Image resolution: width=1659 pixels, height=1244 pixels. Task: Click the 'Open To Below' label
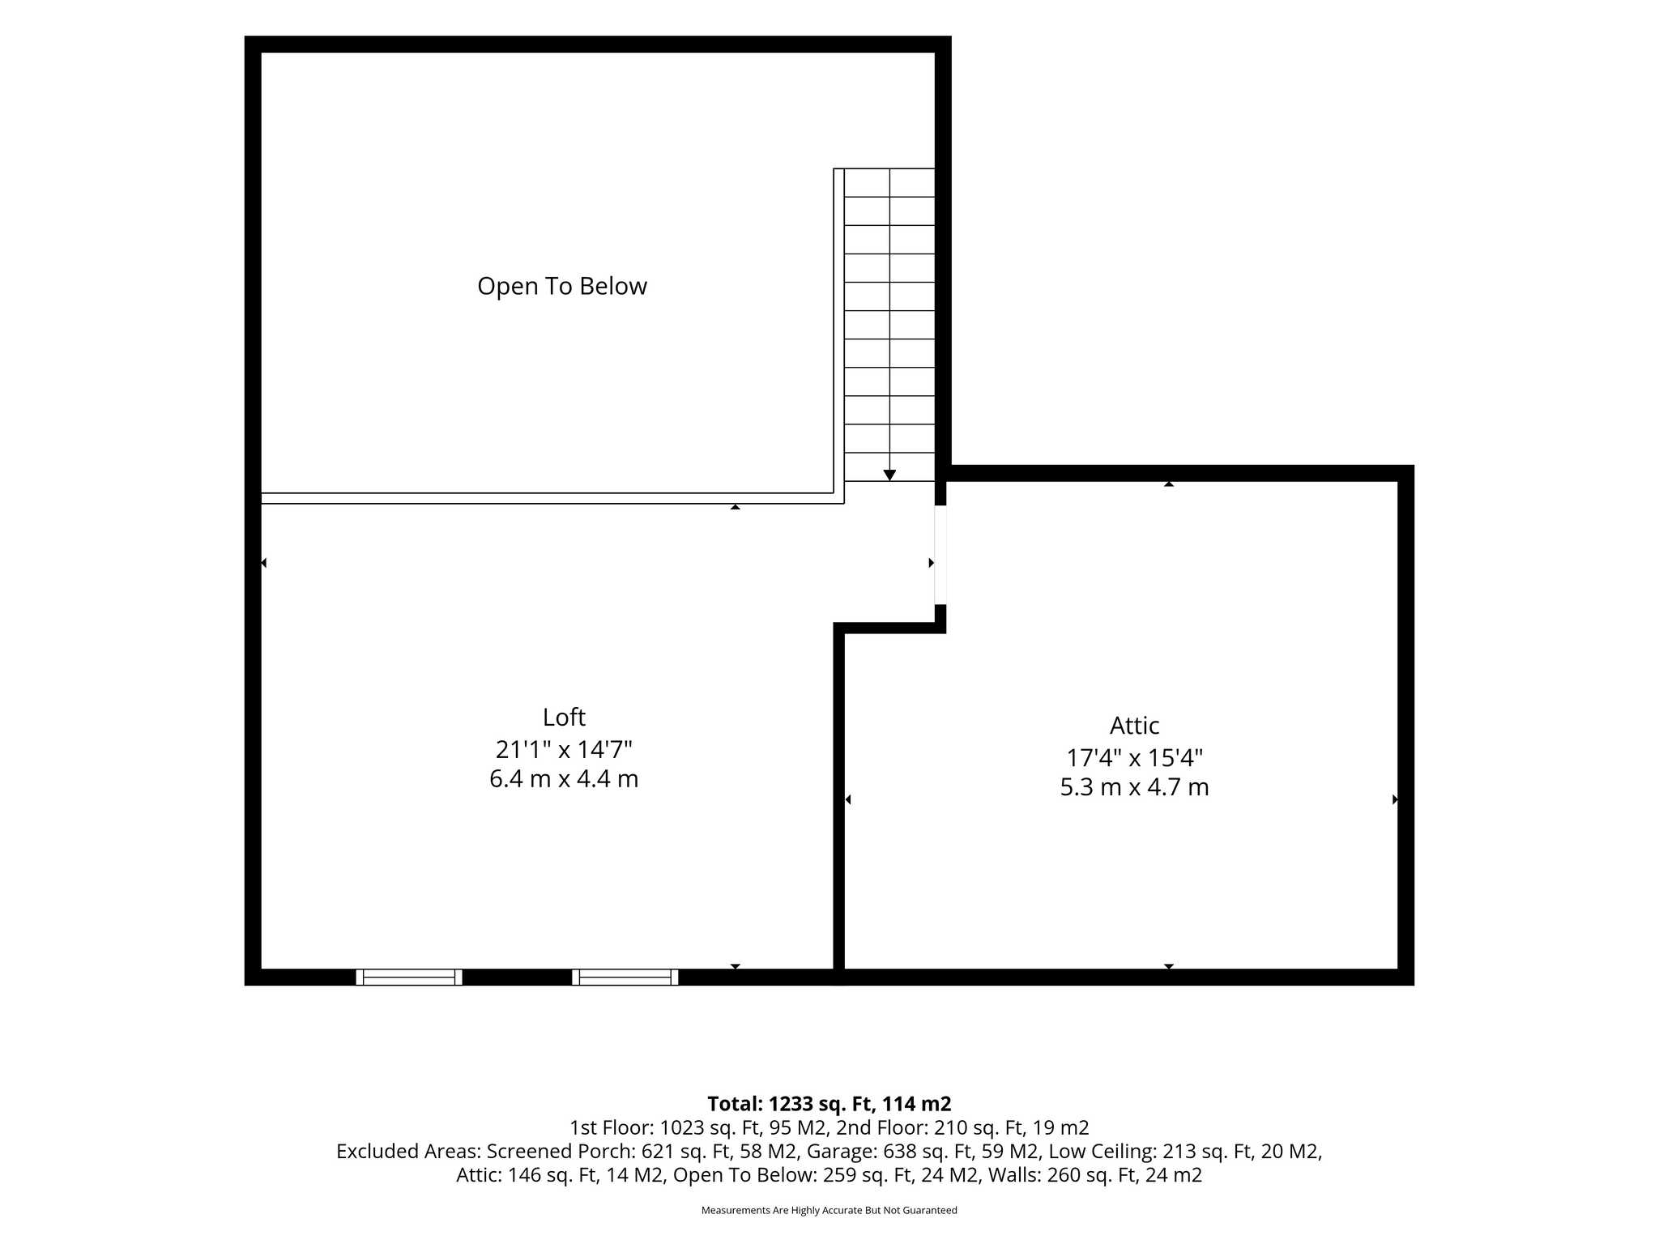[x=562, y=286]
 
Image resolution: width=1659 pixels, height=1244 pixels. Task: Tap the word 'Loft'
[x=564, y=717]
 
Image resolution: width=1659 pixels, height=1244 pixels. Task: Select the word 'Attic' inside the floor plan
[x=1134, y=725]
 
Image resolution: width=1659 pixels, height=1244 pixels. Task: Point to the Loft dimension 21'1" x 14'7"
[x=564, y=749]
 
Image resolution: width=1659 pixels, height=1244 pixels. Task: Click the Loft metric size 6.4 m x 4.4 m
[x=564, y=779]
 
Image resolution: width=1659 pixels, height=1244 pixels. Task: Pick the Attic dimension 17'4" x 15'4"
[x=1134, y=758]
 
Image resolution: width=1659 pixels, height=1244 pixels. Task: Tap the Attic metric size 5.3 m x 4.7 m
[x=1134, y=787]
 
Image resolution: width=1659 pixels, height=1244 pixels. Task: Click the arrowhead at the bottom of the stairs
[x=889, y=475]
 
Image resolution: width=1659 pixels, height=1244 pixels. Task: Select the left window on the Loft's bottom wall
[x=409, y=977]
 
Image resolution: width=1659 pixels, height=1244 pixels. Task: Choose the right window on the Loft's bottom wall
[x=625, y=977]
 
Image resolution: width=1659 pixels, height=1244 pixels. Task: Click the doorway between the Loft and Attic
[x=940, y=555]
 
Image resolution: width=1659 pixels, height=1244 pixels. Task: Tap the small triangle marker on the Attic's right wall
[x=1395, y=799]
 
